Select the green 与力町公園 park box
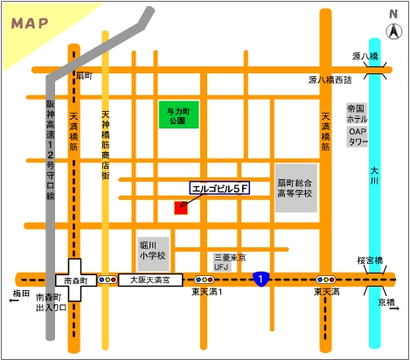[177, 114]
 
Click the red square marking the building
[181, 207]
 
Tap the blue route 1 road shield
[261, 279]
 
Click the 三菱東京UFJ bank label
[230, 261]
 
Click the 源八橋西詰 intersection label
[330, 80]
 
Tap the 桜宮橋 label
[372, 261]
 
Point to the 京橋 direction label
[386, 302]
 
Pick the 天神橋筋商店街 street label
[106, 145]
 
